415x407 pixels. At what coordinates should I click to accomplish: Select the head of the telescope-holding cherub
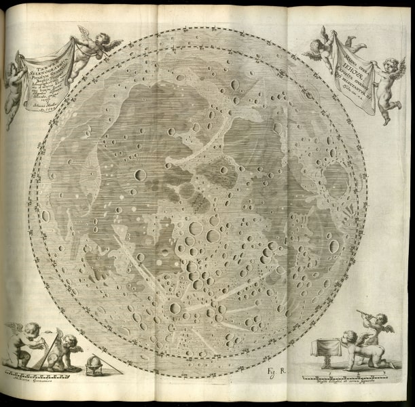point(378,319)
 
